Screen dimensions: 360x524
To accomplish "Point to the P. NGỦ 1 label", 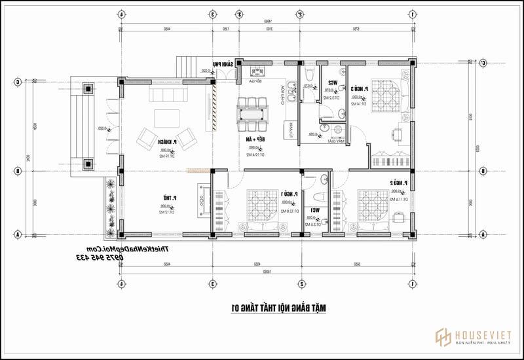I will tap(291, 194).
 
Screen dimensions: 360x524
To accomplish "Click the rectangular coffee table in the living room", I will tap(166, 119).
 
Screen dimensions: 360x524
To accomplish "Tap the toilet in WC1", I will tap(320, 196).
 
